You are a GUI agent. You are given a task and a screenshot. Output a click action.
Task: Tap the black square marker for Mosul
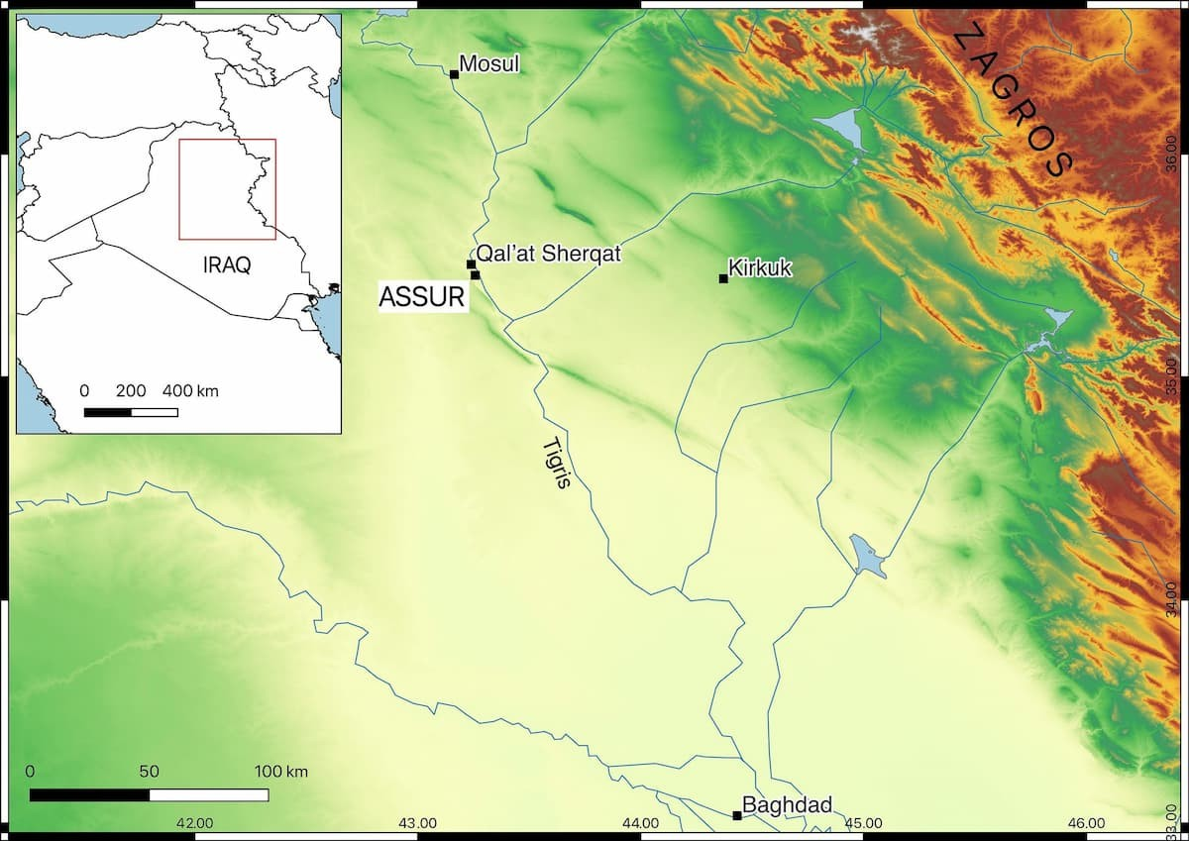(454, 74)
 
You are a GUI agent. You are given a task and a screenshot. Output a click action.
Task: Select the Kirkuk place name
(760, 267)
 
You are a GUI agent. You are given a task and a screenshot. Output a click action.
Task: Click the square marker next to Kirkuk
(723, 278)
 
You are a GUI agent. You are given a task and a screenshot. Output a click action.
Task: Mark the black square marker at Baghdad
(736, 815)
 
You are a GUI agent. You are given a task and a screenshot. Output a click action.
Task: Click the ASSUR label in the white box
(423, 296)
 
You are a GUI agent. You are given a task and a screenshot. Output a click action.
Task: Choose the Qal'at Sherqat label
(548, 254)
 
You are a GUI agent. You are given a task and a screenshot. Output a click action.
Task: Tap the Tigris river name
(558, 464)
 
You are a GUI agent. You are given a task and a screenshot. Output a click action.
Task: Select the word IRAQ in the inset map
(226, 265)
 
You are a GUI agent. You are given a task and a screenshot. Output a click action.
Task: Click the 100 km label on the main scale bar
(281, 772)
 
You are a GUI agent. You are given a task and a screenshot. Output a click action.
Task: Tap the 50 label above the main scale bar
(149, 772)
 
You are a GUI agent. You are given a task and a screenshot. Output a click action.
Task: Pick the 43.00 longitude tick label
(417, 822)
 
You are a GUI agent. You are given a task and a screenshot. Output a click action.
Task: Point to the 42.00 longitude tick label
(194, 822)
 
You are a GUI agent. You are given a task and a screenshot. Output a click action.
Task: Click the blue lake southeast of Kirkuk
(868, 557)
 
